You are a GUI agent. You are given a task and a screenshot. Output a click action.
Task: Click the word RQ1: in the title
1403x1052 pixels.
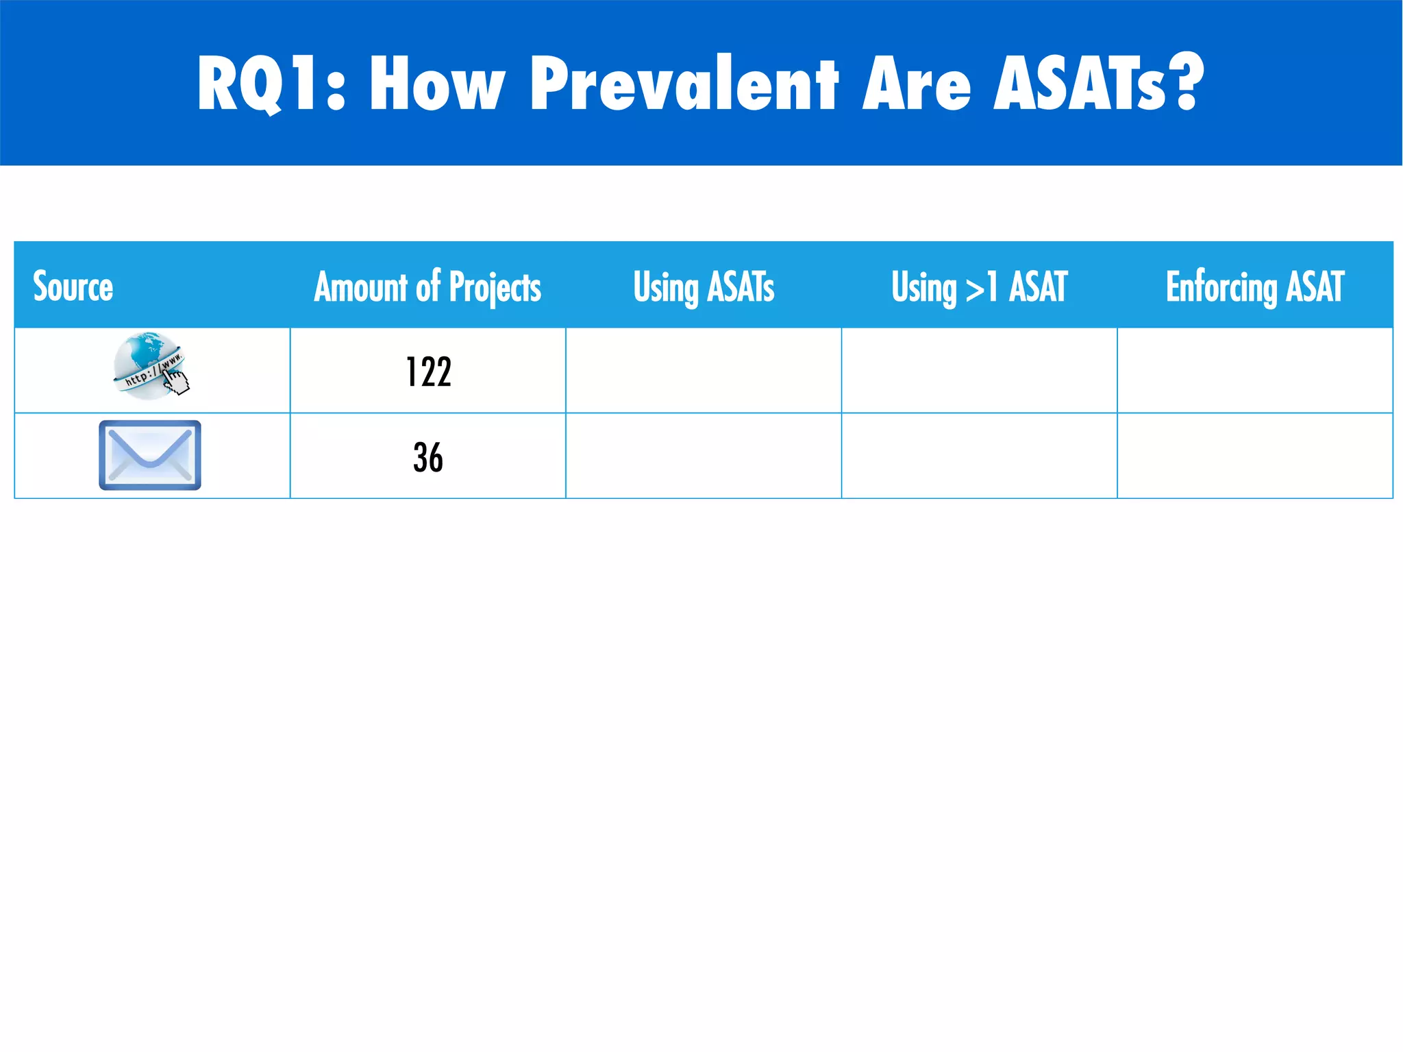[271, 84]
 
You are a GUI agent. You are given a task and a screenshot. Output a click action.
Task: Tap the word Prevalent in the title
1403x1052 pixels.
[684, 84]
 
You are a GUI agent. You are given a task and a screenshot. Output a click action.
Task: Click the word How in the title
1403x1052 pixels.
[437, 84]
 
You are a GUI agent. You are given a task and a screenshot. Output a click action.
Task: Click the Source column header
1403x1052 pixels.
[73, 286]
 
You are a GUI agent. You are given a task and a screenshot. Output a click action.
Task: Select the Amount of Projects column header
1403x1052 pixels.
[427, 286]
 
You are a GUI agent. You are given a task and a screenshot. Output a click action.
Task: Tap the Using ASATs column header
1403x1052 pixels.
[704, 286]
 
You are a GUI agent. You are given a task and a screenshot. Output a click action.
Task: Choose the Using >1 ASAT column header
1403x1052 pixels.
[979, 286]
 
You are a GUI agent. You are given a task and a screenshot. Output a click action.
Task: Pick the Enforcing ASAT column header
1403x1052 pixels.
[1255, 286]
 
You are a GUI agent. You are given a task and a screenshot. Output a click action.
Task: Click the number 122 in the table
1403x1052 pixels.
[428, 372]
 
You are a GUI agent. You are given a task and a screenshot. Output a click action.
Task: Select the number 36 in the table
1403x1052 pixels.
[428, 457]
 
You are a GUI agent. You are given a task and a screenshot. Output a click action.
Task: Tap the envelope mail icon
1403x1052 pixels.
[150, 455]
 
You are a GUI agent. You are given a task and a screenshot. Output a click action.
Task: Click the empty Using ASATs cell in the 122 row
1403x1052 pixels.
[704, 370]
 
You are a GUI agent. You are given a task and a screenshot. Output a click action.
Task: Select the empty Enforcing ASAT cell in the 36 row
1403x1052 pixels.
[1255, 456]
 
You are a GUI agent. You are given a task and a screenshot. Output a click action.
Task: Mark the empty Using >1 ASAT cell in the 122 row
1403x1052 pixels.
[979, 370]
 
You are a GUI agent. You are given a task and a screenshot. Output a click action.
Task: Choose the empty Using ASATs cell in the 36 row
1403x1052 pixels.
[704, 456]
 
